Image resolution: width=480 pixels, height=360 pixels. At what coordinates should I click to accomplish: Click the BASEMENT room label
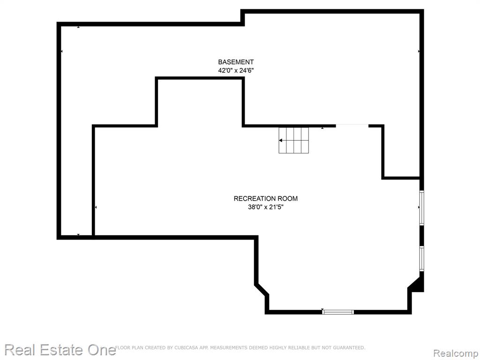[x=236, y=62]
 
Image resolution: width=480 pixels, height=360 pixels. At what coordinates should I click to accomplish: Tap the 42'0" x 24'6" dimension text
[x=236, y=70]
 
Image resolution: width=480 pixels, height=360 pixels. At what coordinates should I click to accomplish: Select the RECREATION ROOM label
[x=265, y=198]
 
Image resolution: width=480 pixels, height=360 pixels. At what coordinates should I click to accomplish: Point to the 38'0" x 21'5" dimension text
[x=266, y=207]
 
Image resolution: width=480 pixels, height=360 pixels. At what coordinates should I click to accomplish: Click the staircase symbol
[x=293, y=140]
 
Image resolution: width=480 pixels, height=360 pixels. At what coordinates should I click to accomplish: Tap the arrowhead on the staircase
[x=281, y=141]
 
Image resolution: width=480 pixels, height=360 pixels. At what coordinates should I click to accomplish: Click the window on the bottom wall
[x=338, y=312]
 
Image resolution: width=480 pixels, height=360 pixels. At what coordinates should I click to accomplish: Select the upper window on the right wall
[x=421, y=208]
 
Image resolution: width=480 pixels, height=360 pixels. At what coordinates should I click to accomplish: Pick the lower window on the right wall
[x=421, y=259]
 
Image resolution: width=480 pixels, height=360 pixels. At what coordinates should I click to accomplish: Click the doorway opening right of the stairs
[x=352, y=126]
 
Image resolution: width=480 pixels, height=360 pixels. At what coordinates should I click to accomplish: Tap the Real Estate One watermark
[x=60, y=350]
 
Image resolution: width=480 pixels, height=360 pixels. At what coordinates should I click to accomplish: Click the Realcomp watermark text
[x=456, y=353]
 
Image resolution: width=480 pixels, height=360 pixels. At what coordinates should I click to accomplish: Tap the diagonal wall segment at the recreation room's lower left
[x=262, y=290]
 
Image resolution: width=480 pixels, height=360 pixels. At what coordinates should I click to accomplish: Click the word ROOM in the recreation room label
[x=288, y=198]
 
